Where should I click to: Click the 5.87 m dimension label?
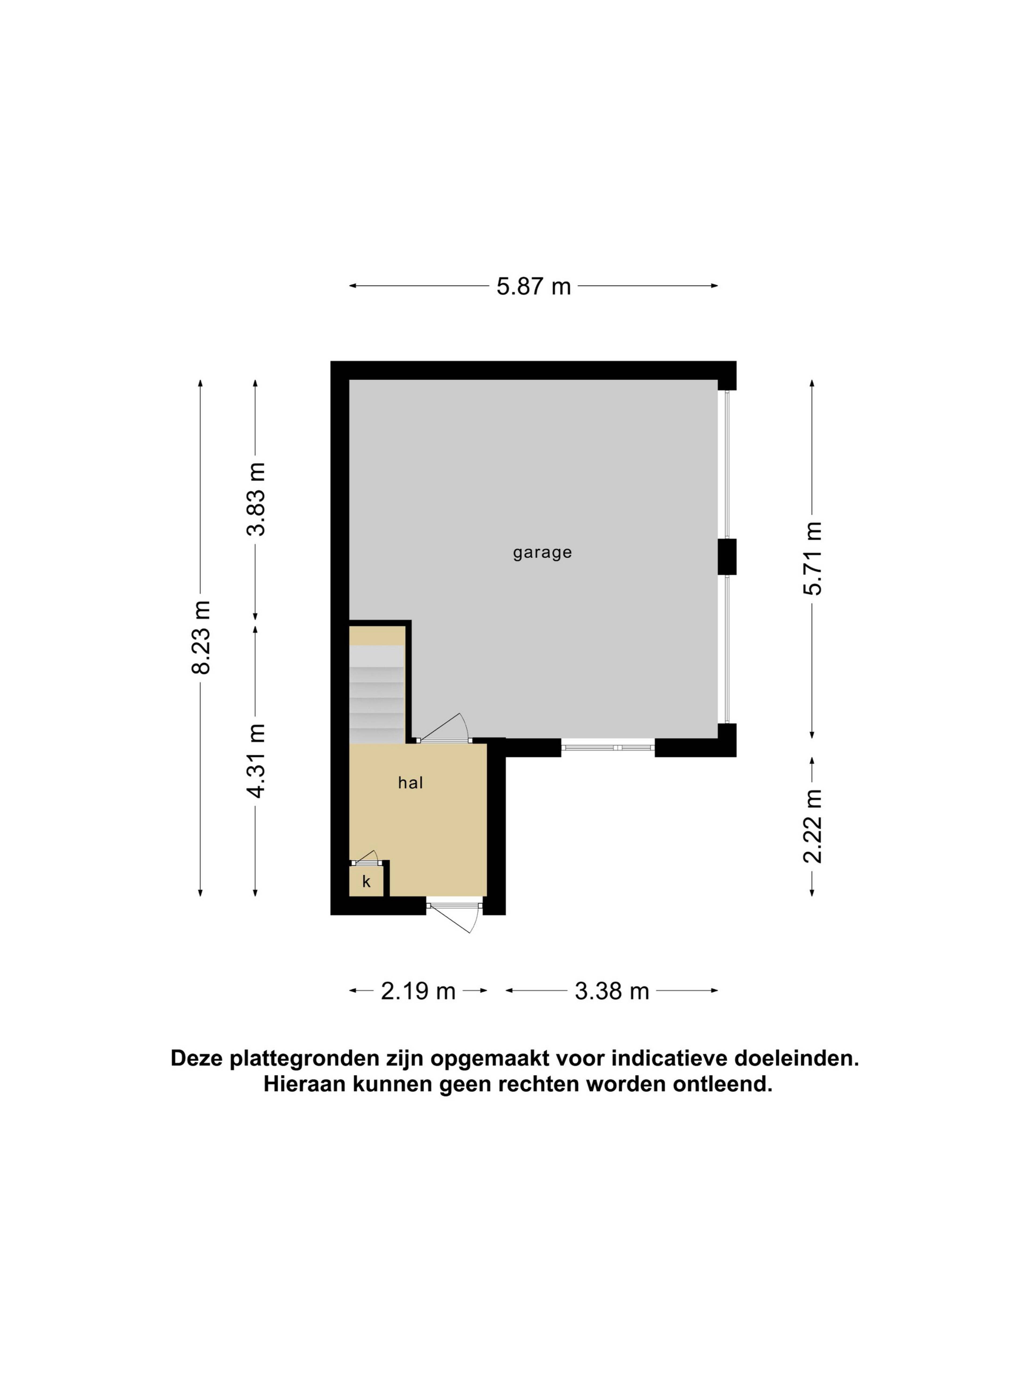[533, 286]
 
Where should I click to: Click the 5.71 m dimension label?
[812, 559]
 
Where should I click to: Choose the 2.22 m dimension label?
[812, 826]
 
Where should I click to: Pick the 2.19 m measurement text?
[418, 991]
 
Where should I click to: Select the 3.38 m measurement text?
[612, 991]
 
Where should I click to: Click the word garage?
[542, 552]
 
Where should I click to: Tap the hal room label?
[410, 783]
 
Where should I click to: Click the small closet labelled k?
[366, 881]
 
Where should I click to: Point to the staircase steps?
[377, 694]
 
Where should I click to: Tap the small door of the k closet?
[365, 857]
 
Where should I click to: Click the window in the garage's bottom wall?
[608, 747]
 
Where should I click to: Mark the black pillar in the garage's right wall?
[727, 557]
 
